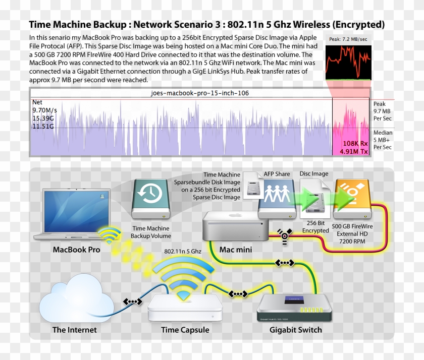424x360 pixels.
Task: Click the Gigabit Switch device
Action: pyautogui.click(x=295, y=308)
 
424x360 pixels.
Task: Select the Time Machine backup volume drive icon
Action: pyautogui.click(x=151, y=197)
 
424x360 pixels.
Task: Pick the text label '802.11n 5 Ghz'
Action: pyautogui.click(x=183, y=251)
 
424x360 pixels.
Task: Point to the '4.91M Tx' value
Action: pyautogui.click(x=354, y=151)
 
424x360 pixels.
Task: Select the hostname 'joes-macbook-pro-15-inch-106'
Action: pyautogui.click(x=199, y=93)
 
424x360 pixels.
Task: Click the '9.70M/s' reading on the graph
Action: pyautogui.click(x=44, y=110)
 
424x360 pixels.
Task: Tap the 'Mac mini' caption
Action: pyautogui.click(x=236, y=249)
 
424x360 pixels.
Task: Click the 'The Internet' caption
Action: pyautogui.click(x=74, y=330)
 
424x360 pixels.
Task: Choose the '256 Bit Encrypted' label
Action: pyautogui.click(x=315, y=226)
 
